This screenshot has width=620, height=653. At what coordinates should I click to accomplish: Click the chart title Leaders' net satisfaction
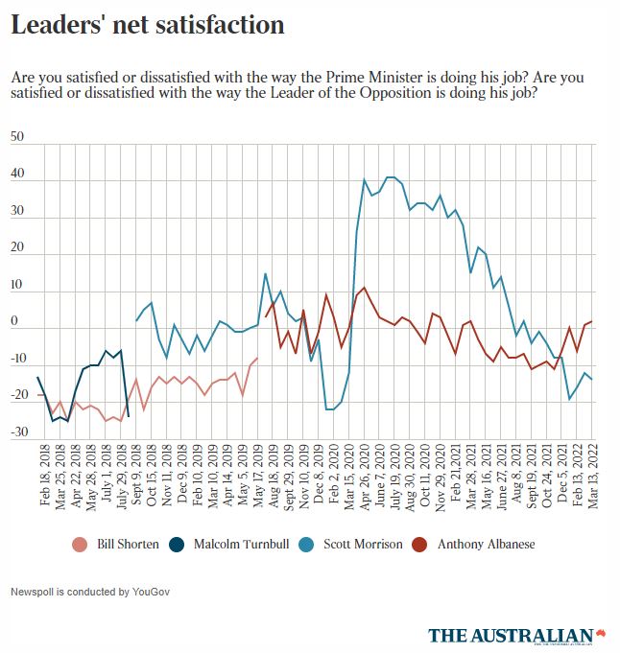(147, 25)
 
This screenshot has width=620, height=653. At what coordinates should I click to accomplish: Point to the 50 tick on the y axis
(17, 137)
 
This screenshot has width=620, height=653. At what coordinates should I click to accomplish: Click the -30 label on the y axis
(17, 431)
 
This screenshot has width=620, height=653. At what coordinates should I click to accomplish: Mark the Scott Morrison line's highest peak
(390, 177)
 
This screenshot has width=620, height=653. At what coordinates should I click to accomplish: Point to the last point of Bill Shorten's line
(256, 358)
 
